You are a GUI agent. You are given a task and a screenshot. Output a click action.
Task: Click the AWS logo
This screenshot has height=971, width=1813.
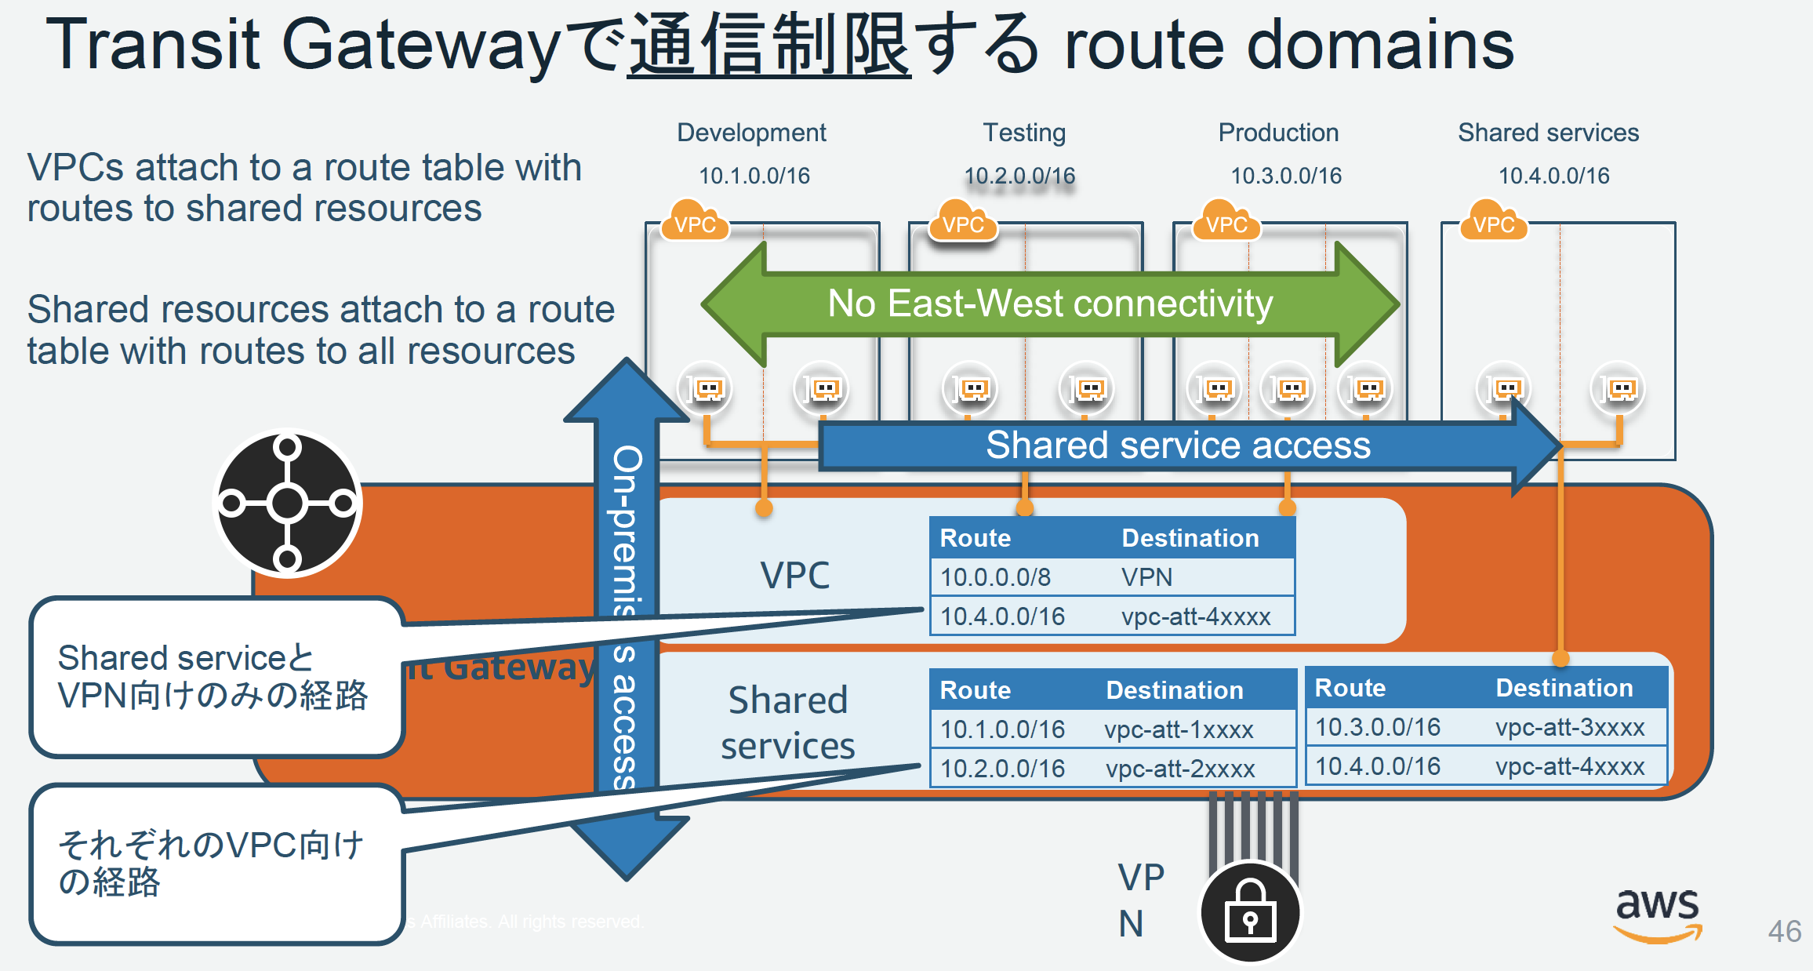1657,913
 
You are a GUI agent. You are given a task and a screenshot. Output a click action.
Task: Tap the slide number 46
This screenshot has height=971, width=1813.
1784,931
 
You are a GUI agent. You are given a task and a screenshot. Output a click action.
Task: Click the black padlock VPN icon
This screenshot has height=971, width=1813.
1250,912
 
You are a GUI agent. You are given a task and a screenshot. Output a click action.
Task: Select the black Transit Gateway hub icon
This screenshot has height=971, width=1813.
288,504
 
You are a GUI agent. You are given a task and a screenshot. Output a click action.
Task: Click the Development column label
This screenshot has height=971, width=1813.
751,133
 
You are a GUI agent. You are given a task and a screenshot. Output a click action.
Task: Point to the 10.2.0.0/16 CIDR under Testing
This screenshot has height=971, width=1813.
1019,176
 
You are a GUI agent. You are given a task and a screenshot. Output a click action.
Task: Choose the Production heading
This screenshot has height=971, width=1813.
1278,133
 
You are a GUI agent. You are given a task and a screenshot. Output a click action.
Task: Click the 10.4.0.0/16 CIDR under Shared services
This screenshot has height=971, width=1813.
1553,176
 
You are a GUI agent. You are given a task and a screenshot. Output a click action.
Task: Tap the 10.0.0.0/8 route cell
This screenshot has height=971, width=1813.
995,577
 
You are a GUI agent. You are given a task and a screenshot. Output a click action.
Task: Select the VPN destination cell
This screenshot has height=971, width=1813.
1146,577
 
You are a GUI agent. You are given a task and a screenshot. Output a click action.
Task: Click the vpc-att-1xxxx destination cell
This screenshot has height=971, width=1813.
1179,729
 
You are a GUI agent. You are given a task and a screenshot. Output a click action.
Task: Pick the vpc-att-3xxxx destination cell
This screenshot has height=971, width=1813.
1569,727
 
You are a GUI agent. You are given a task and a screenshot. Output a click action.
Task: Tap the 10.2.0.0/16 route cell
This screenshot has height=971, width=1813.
1002,769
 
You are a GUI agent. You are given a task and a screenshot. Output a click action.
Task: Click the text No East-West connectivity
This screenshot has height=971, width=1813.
1050,304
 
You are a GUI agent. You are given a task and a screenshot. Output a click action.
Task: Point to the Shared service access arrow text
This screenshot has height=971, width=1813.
1178,445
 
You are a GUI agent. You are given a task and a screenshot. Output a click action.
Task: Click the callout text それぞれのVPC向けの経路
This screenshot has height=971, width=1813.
210,863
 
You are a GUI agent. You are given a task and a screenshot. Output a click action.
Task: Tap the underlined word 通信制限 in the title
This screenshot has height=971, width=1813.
769,45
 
